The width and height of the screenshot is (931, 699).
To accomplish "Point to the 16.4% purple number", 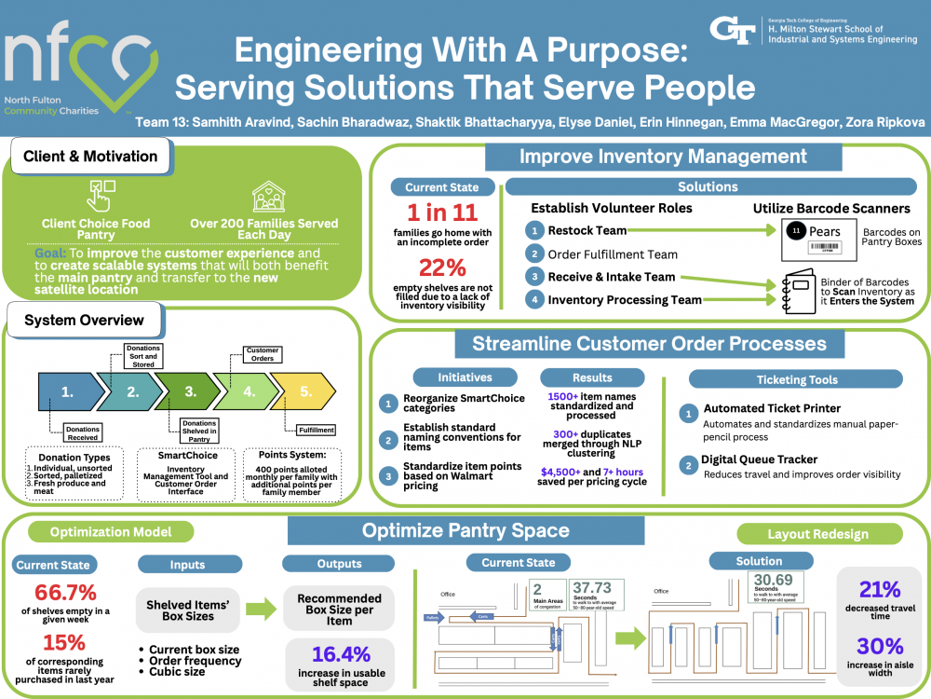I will [341, 653].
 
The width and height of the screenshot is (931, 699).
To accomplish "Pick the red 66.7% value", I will [65, 593].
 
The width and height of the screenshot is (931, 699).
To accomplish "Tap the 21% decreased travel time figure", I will [879, 590].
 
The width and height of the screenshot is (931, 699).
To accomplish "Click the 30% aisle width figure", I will [880, 646].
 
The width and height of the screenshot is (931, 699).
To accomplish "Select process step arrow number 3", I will [190, 392].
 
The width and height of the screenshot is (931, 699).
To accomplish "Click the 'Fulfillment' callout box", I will [317, 431].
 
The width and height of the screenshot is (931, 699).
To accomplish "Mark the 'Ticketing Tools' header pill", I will [795, 379].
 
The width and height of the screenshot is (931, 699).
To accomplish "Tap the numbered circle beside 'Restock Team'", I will [534, 230].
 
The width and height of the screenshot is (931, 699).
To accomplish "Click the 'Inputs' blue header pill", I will [187, 564].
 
